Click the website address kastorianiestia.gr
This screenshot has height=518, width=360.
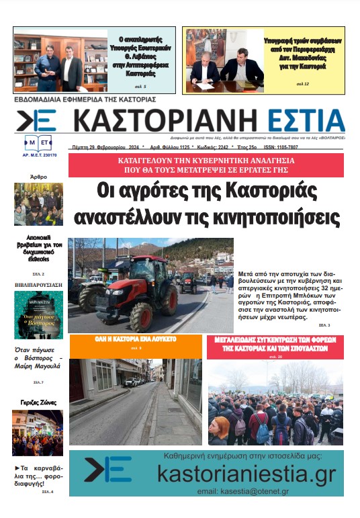point(245,474)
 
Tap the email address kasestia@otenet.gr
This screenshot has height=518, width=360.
point(243,492)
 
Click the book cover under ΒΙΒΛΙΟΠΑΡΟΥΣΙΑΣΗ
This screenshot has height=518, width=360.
point(38,315)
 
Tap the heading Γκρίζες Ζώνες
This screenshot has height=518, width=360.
point(38,402)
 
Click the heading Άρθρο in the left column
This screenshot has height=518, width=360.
point(38,177)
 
